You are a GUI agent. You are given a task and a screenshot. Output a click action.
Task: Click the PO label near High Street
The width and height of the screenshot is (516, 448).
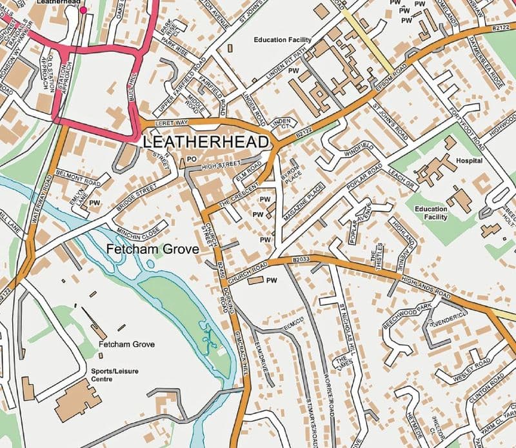tap(191, 159)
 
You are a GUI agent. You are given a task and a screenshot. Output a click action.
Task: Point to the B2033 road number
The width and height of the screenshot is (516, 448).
tap(301, 260)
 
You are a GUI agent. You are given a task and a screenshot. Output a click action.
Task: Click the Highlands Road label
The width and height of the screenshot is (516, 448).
tap(425, 285)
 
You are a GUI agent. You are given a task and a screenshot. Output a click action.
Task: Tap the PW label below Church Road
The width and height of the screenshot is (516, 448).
tap(272, 281)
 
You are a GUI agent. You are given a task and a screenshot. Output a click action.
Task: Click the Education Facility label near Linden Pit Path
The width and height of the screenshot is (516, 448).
tap(283, 40)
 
